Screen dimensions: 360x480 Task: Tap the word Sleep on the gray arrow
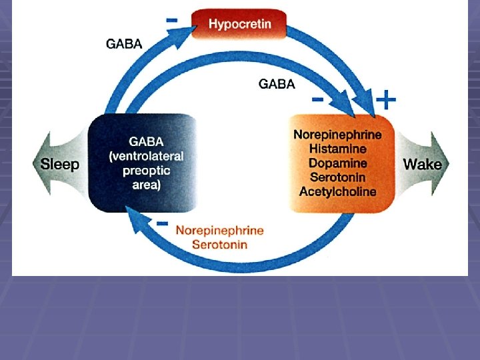tap(60, 164)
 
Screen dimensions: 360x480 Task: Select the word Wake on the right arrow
tap(422, 164)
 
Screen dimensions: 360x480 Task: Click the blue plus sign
tap(386, 101)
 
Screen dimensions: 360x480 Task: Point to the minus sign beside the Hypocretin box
tap(172, 21)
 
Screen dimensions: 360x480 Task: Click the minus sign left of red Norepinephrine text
tap(162, 223)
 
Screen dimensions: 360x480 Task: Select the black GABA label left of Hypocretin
tap(125, 45)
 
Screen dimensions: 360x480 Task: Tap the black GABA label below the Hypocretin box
tap(277, 85)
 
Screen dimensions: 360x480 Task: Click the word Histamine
tap(337, 149)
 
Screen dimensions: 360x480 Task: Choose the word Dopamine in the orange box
tap(337, 163)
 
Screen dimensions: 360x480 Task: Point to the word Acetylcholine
tap(337, 192)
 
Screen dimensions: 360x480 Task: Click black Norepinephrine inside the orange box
tap(337, 134)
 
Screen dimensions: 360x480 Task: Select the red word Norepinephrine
tap(219, 231)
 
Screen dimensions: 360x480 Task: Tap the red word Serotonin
tap(219, 245)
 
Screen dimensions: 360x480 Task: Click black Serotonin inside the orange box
tap(337, 177)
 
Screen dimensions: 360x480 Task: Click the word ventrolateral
tap(146, 157)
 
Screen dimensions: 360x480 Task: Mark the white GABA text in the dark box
tap(147, 142)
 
